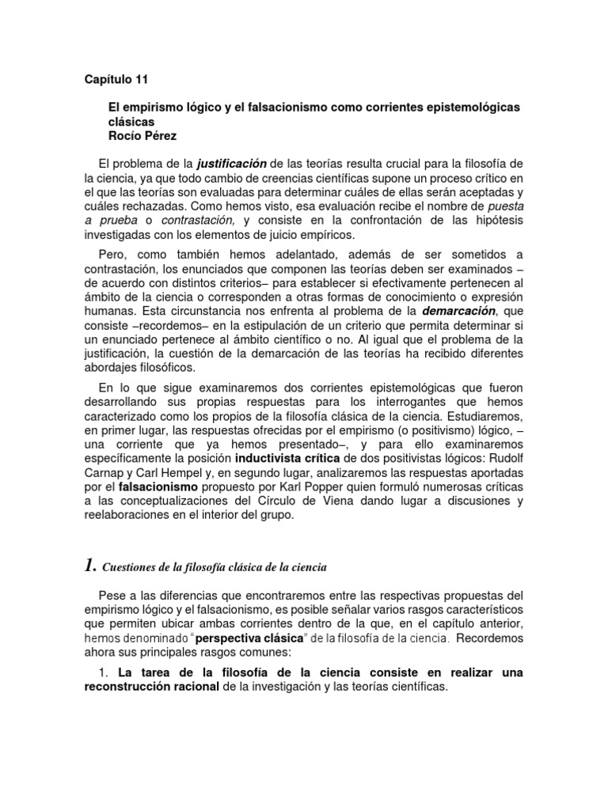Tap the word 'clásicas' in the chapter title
(x=130, y=122)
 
